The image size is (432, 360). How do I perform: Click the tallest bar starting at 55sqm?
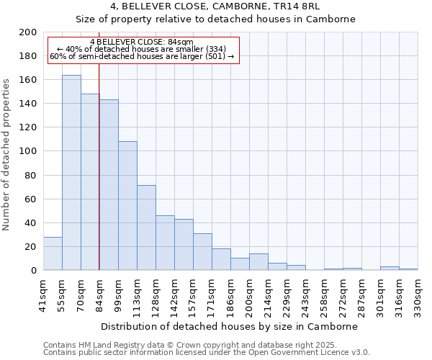click(x=71, y=173)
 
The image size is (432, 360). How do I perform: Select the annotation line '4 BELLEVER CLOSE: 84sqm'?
click(x=142, y=42)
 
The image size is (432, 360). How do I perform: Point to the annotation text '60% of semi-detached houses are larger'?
click(x=142, y=57)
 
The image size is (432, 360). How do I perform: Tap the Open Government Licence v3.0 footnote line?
click(x=207, y=353)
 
